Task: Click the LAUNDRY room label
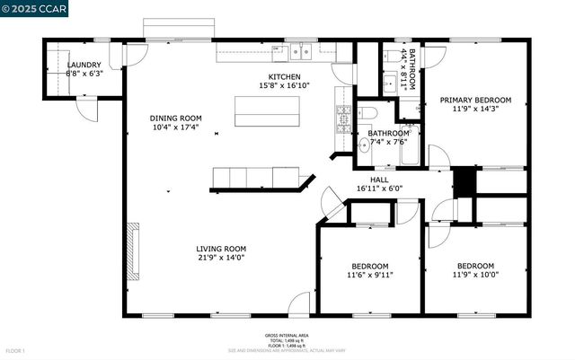pyautogui.click(x=85, y=65)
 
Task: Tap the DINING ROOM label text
pyautogui.click(x=175, y=119)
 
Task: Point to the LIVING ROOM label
pyautogui.click(x=221, y=249)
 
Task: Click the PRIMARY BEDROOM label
pyautogui.click(x=474, y=100)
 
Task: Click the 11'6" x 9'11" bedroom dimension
pyautogui.click(x=369, y=275)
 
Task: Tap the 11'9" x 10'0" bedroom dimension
pyautogui.click(x=474, y=275)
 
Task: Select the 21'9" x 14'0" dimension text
pyautogui.click(x=221, y=259)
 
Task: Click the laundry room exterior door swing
pyautogui.click(x=87, y=110)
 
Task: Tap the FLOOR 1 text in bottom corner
pyautogui.click(x=15, y=350)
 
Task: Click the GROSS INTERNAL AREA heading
pyautogui.click(x=287, y=336)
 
